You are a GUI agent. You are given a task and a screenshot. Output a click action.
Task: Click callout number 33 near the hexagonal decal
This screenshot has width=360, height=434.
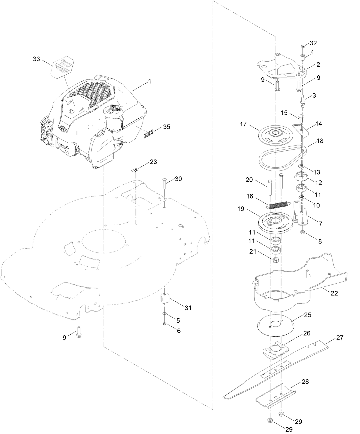(36, 59)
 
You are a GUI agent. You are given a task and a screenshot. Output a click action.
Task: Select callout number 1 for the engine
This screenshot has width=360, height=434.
(149, 81)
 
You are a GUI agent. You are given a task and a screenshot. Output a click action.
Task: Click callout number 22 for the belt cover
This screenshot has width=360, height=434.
(334, 293)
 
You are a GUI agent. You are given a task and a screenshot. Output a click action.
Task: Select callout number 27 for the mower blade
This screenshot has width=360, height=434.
(339, 337)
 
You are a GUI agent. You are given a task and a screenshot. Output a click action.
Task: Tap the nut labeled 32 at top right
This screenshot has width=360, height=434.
(302, 46)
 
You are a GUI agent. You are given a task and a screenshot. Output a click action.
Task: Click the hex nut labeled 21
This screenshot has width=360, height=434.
(276, 260)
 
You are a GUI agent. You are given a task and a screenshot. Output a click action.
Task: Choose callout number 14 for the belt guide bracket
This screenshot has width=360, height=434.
(319, 124)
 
